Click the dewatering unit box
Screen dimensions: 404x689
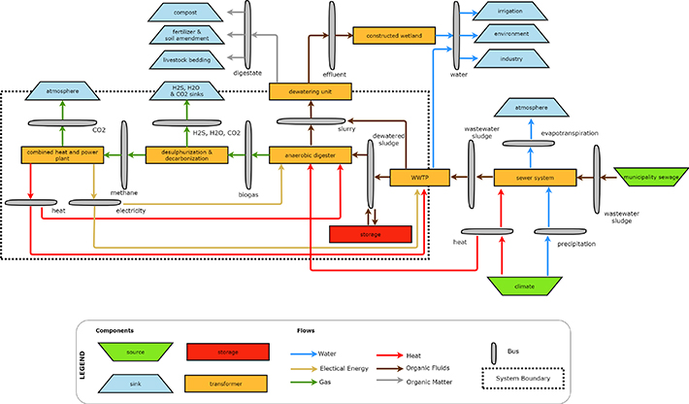[x=310, y=92]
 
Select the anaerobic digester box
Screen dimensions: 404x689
[x=310, y=153]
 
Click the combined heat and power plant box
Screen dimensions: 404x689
[x=62, y=153]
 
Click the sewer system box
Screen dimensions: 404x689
[x=534, y=178]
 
